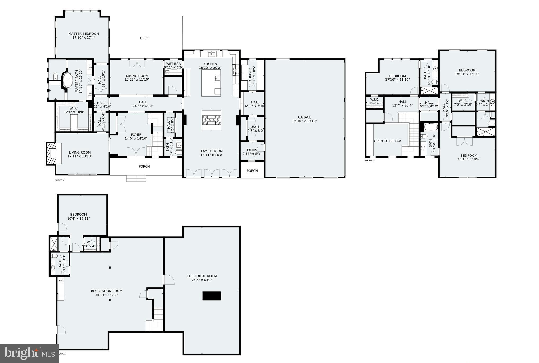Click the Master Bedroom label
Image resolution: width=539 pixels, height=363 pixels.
(x=84, y=34)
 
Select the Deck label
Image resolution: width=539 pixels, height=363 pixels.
(x=144, y=38)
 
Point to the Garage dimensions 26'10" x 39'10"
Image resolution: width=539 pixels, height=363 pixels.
(x=304, y=121)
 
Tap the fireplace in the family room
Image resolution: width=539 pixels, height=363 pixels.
(x=211, y=120)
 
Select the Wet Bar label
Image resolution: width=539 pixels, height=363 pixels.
(x=173, y=64)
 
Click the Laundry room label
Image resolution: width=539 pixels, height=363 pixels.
(x=251, y=75)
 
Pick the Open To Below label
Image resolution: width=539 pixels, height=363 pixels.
(x=387, y=141)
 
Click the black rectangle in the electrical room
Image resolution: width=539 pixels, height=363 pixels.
(x=212, y=296)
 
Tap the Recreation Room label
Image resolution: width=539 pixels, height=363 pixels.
(x=106, y=291)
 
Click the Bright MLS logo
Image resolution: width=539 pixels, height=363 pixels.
(x=29, y=353)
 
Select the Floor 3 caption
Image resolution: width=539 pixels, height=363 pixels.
(x=370, y=160)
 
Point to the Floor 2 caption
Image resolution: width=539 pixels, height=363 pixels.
(x=59, y=180)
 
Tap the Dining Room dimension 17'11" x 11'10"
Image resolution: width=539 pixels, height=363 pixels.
(x=137, y=80)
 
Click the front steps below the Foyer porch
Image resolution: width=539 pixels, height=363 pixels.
(x=136, y=178)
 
